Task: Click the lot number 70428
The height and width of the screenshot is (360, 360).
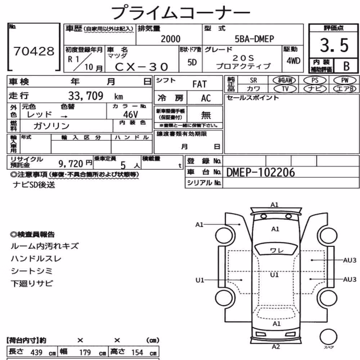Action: point(34,51)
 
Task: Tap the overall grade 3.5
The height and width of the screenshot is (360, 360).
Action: point(334,45)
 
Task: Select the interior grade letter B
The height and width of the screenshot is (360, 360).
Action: point(346,66)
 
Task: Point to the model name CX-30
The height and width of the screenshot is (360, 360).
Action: point(141,67)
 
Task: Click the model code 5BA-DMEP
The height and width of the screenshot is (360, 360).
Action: point(254,39)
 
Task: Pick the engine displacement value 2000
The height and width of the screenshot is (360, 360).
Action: point(170,39)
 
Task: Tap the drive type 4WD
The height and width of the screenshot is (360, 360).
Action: point(293,60)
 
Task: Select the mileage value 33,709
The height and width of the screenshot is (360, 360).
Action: point(86,96)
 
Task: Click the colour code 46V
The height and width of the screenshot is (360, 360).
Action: point(130,114)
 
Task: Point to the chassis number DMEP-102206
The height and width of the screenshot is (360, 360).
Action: point(260,172)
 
